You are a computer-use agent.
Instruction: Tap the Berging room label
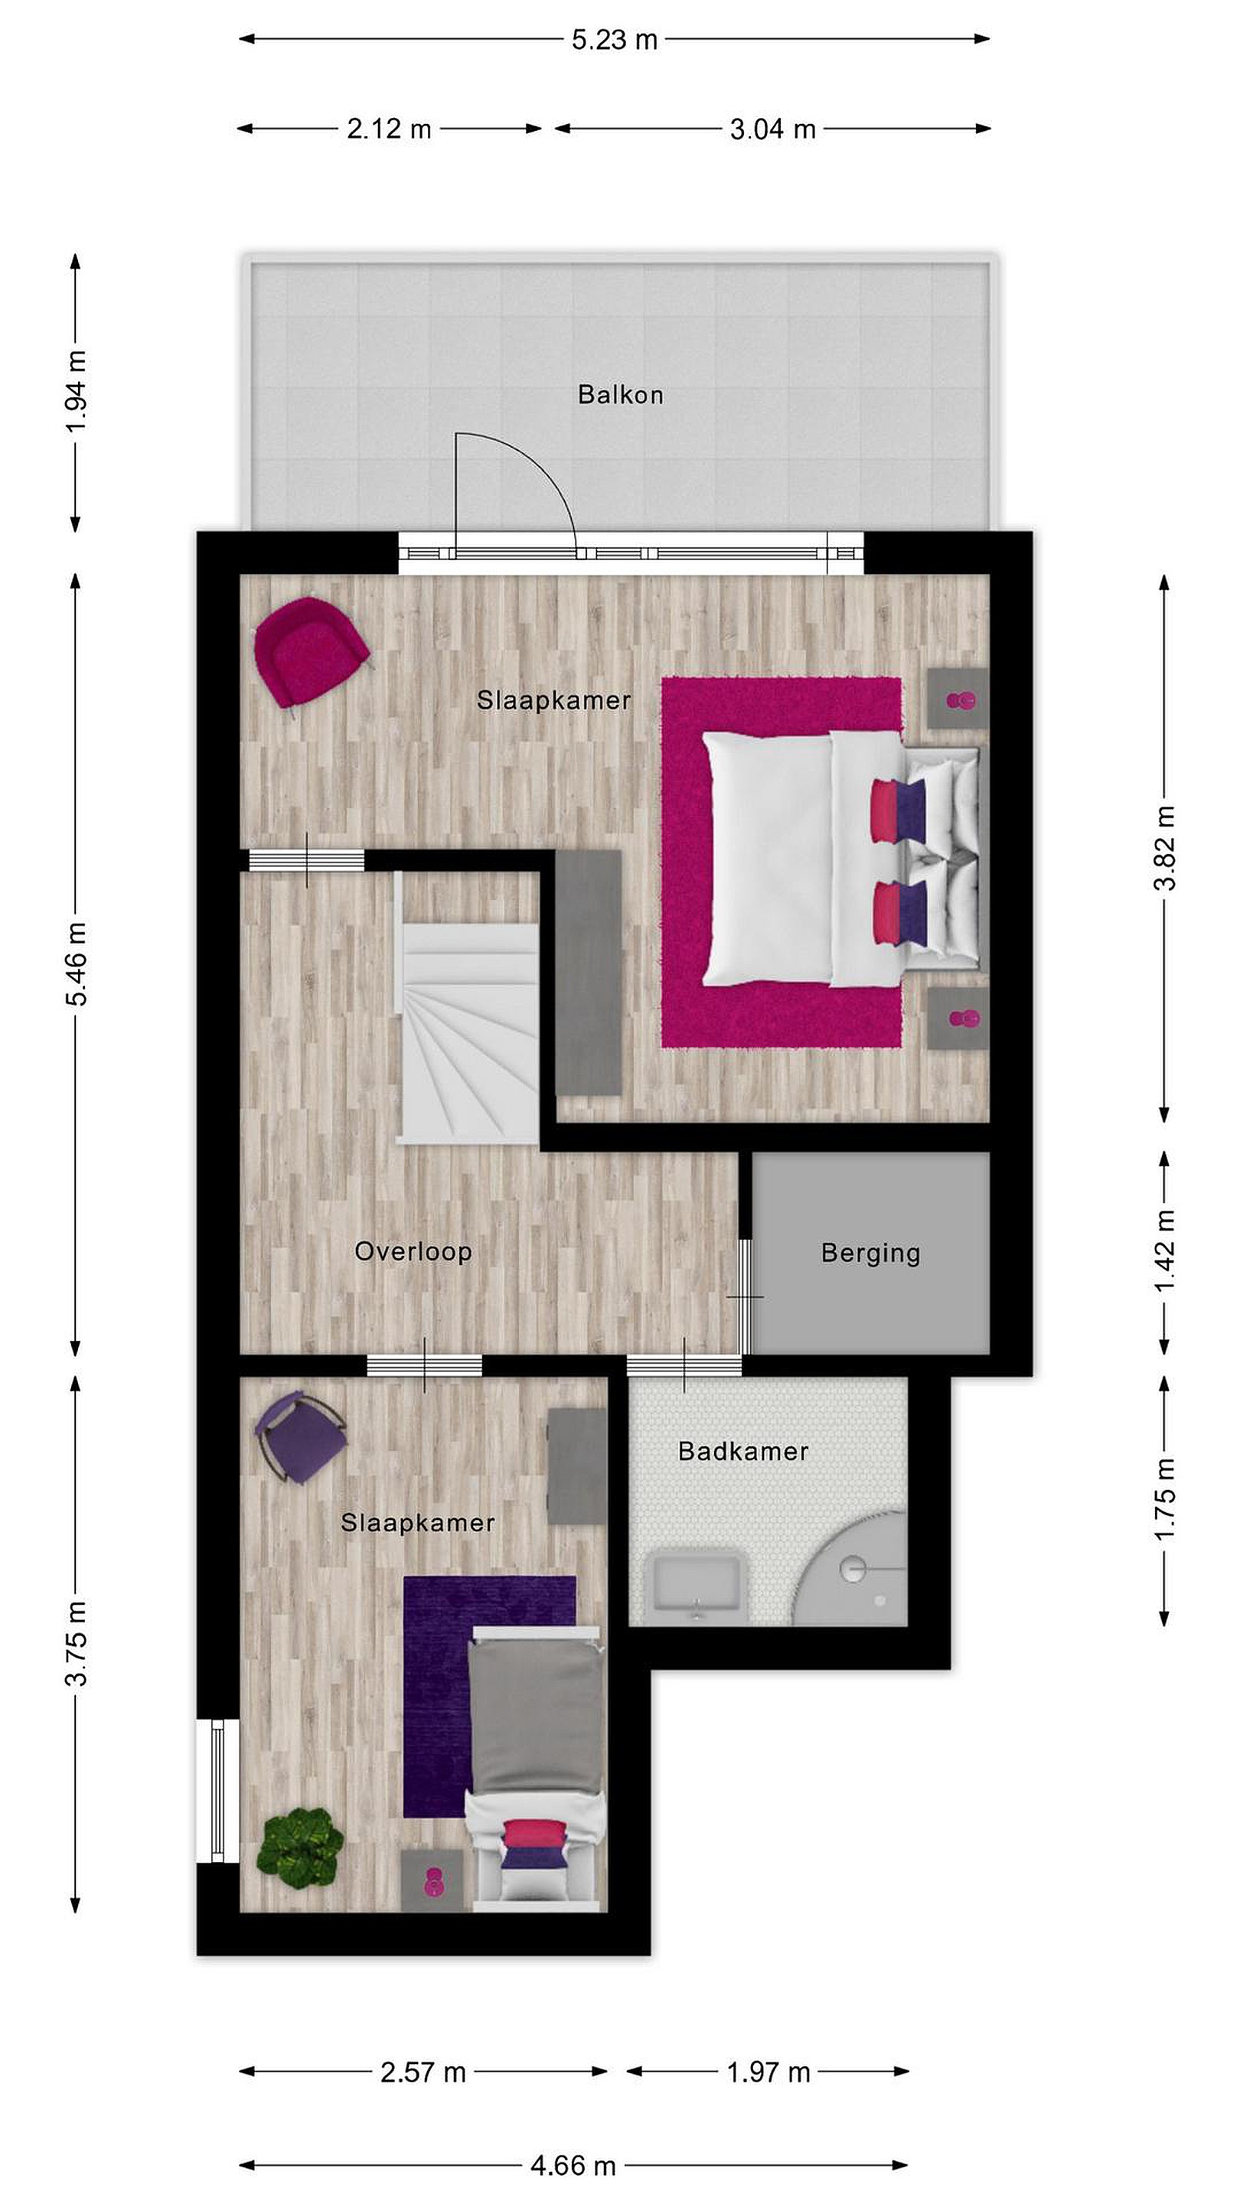pyautogui.click(x=870, y=1253)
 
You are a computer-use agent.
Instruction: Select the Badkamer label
pyautogui.click(x=742, y=1451)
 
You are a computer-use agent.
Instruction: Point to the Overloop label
pyautogui.click(x=413, y=1252)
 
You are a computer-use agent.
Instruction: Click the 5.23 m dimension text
pyautogui.click(x=615, y=39)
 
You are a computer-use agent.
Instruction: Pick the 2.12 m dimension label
pyautogui.click(x=390, y=129)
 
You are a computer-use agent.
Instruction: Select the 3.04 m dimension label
pyautogui.click(x=773, y=129)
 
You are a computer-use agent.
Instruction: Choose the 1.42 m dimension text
pyautogui.click(x=1165, y=1251)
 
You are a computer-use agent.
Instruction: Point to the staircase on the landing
pyautogui.click(x=469, y=1008)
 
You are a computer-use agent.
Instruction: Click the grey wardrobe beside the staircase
pyautogui.click(x=588, y=973)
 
